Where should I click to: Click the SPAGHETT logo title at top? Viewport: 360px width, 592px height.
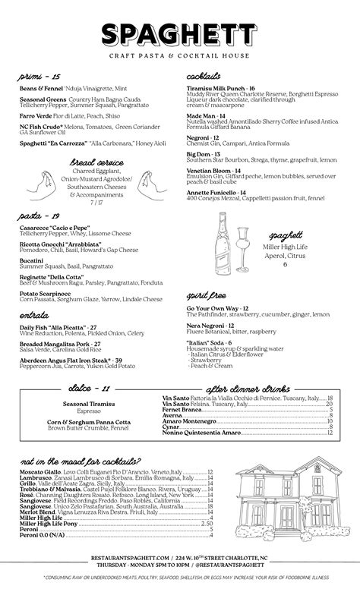(180, 35)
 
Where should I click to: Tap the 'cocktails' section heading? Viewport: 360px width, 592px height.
(204, 77)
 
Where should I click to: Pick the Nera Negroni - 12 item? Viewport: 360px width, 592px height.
(210, 325)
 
